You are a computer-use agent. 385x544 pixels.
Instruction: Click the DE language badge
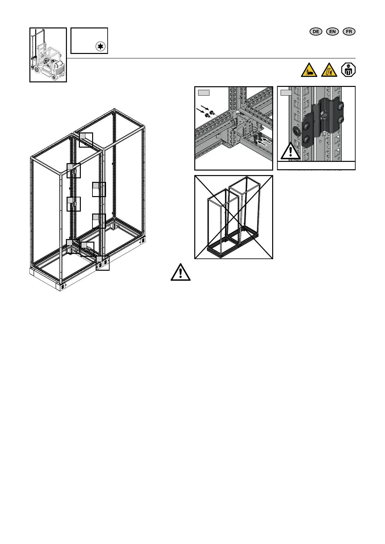tap(316, 31)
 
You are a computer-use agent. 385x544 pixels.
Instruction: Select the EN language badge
tap(332, 31)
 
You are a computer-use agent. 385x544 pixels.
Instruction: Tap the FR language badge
tap(349, 31)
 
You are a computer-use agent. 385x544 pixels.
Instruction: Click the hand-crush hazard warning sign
tap(309, 70)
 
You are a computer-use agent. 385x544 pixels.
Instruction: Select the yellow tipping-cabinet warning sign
tap(329, 70)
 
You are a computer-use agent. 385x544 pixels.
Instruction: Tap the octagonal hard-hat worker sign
tap(348, 70)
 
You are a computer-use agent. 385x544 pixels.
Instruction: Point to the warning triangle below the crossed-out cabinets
tap(180, 272)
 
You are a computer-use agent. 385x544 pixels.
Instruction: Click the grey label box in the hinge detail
tap(286, 93)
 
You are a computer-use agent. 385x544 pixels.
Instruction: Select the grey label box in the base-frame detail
tap(204, 93)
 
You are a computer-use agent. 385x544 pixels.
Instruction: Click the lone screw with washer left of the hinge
tap(296, 130)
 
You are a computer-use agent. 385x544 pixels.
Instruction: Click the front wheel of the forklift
tap(54, 76)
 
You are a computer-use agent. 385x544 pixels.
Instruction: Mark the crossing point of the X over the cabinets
tap(234, 217)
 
